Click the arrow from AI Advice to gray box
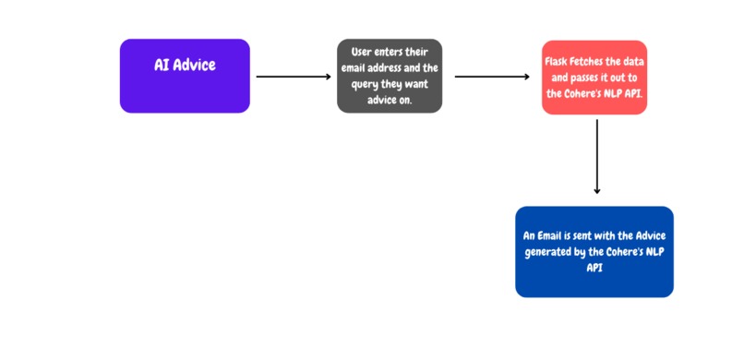293,77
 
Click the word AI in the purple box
162,66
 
